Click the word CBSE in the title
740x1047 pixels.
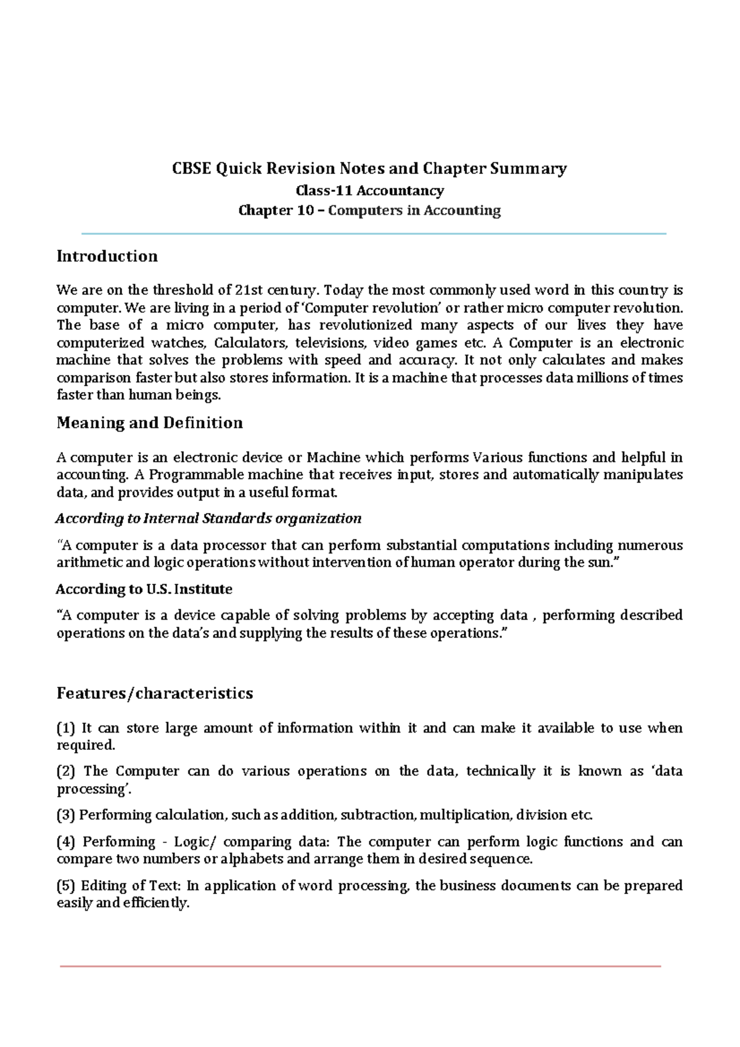click(x=192, y=168)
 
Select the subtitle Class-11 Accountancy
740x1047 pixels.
click(x=369, y=191)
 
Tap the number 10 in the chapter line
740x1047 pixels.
click(x=305, y=210)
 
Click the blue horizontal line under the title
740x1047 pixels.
click(x=374, y=234)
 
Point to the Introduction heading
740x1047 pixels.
click(x=107, y=257)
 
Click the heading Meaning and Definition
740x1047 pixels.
click(x=149, y=423)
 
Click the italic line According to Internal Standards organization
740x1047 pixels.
click(x=208, y=519)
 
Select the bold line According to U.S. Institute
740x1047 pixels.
click(x=144, y=589)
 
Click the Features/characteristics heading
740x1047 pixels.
click(x=155, y=694)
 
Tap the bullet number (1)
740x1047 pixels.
click(x=65, y=728)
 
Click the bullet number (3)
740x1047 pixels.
click(x=65, y=815)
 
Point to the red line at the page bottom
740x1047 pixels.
click(x=360, y=966)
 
